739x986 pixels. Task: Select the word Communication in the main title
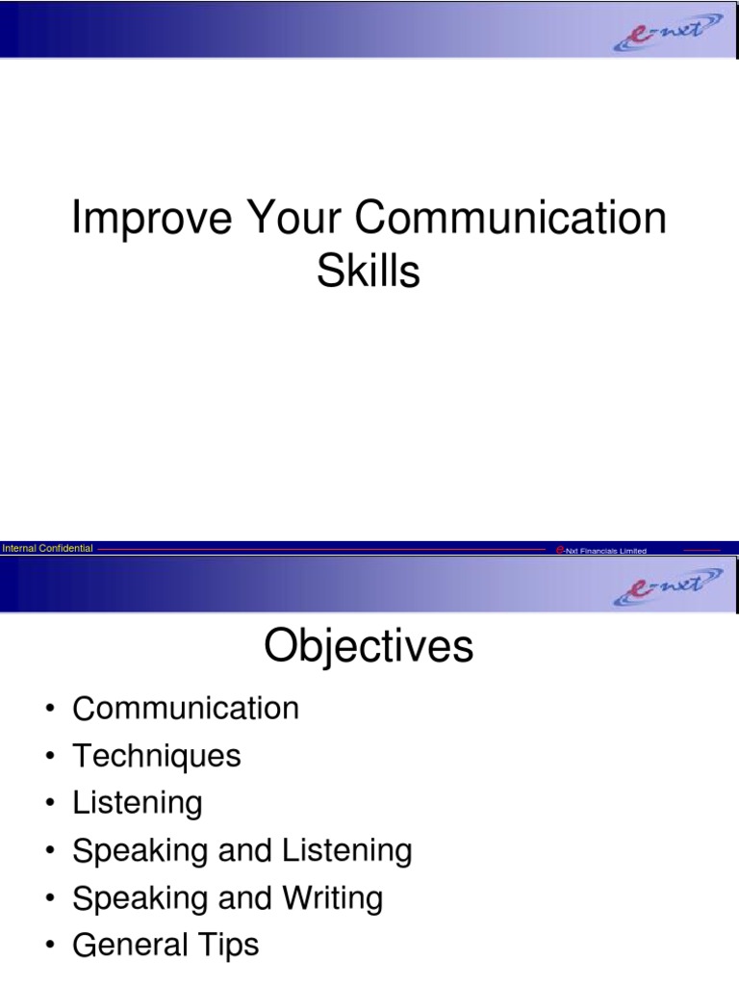tap(511, 221)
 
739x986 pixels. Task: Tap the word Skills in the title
tap(369, 272)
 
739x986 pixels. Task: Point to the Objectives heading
tap(369, 647)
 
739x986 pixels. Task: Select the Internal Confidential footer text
tap(48, 549)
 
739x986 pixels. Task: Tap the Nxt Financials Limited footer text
tap(605, 551)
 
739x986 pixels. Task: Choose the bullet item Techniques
tap(157, 757)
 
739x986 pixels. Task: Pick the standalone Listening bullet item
tap(138, 804)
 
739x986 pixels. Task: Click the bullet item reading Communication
tap(186, 710)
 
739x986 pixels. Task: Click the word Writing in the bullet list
tap(332, 898)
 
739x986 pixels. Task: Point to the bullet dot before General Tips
tap(49, 947)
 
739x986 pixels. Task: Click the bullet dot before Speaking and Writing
tap(49, 899)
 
